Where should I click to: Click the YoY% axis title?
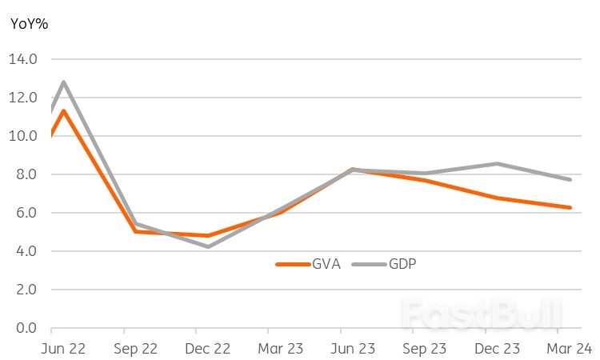pos(29,24)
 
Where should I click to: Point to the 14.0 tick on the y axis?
pos(23,59)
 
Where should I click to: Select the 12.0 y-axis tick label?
pos(23,98)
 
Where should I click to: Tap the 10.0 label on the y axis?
pos(23,136)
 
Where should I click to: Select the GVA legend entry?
pos(308,263)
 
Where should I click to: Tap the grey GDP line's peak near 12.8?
pos(63,82)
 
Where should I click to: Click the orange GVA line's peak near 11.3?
pos(63,111)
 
